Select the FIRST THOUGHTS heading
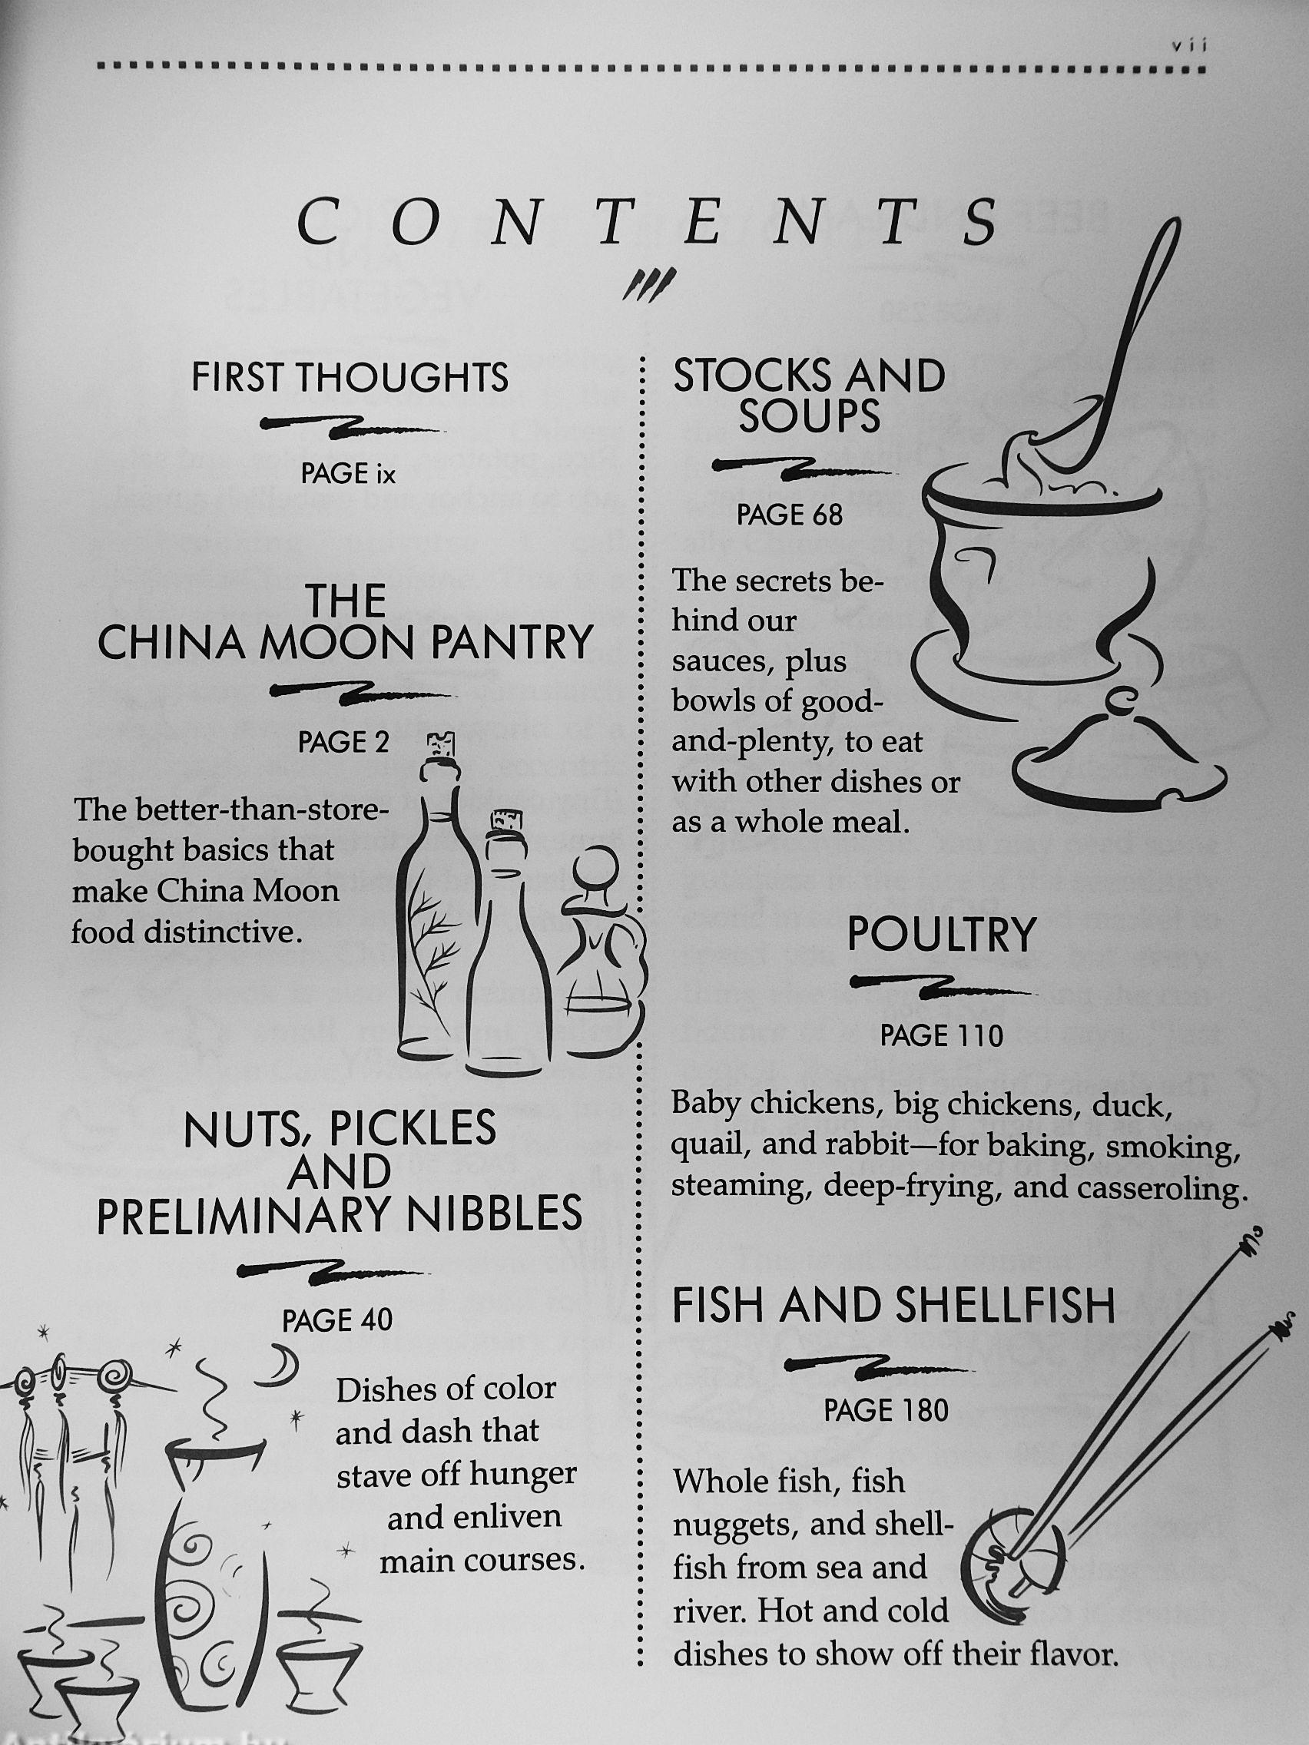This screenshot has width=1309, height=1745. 350,377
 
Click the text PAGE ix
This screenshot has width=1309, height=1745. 347,473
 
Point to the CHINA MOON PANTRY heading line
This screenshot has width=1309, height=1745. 345,643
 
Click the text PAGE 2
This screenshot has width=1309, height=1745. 344,743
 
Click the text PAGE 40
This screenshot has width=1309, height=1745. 338,1320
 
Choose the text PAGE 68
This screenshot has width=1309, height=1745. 790,515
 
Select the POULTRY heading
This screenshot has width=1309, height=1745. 940,936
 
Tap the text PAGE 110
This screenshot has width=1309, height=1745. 941,1037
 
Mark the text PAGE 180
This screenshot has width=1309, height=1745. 886,1409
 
